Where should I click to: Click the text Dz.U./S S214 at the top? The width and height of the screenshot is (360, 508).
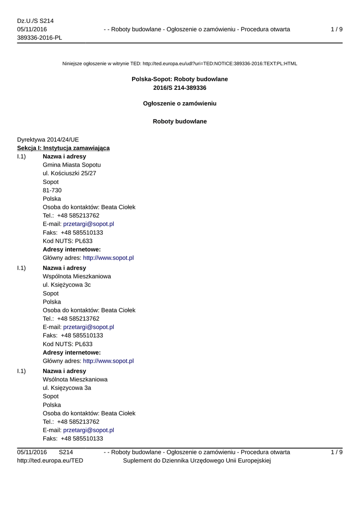[35, 21]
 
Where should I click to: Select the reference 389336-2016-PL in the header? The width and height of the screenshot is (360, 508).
[39, 38]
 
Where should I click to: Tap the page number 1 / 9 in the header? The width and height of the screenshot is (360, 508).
[336, 29]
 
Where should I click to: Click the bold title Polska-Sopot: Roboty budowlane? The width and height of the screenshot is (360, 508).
[180, 79]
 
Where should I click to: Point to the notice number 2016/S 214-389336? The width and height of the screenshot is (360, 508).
[180, 88]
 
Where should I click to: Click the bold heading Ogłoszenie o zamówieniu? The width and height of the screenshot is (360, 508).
[180, 104]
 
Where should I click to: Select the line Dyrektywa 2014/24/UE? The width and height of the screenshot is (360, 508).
[48, 139]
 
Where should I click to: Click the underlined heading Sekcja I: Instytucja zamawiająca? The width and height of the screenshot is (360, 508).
[64, 148]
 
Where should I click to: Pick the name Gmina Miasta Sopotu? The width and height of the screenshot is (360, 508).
[72, 165]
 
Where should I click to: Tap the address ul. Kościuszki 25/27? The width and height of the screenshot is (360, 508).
[70, 173]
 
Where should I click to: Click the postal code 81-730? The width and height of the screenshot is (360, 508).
[52, 190]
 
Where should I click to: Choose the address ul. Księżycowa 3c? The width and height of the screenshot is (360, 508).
[67, 285]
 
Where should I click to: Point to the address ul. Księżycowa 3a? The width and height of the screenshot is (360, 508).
[67, 388]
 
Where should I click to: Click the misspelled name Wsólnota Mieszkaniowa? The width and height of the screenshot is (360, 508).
[75, 380]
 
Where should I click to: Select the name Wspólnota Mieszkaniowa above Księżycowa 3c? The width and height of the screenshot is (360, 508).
[77, 276]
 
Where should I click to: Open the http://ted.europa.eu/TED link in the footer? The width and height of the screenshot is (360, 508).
[50, 461]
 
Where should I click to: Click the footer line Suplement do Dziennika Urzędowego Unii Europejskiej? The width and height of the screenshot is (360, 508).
[196, 461]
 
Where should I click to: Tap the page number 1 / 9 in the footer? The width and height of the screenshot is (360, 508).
[336, 452]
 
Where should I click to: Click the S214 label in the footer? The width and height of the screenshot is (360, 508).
[66, 452]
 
